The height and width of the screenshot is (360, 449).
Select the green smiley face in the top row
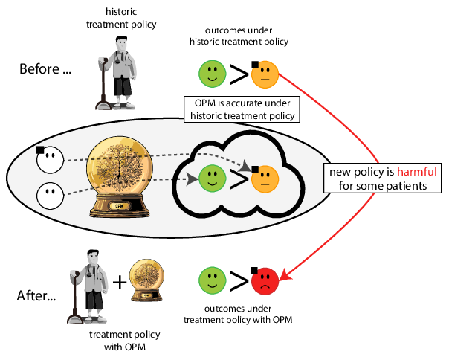212,73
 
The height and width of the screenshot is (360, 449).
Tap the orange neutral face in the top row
265,73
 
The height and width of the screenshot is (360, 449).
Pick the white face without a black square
50,195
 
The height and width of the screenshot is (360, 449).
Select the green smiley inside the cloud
212,179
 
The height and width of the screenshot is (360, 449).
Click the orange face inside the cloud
265,179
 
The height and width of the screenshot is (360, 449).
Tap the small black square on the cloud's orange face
254,169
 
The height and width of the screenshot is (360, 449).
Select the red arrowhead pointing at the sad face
285,279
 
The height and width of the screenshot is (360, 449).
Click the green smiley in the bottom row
212,280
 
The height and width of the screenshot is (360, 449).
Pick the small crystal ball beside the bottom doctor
146,278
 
